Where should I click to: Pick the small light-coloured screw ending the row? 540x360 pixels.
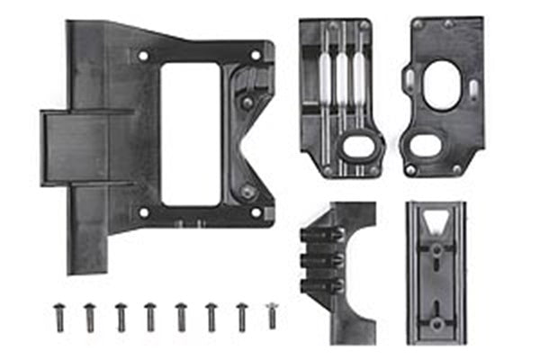tap(271, 314)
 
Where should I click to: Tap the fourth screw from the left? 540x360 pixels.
tap(150, 315)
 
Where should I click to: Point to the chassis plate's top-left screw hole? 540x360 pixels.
tap(143, 56)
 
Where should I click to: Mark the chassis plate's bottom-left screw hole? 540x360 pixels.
tap(143, 213)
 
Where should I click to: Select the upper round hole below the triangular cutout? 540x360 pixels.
tap(436, 251)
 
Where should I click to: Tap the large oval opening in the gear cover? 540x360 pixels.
tap(440, 89)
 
